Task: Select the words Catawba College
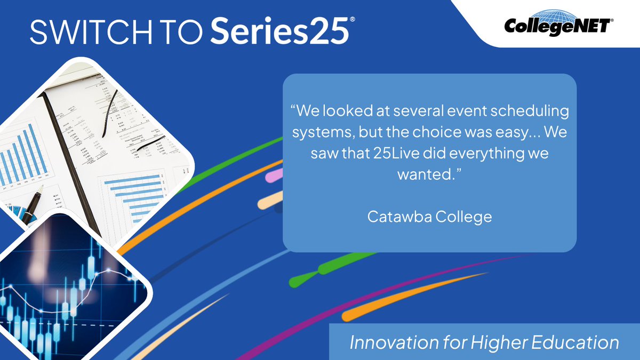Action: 429,217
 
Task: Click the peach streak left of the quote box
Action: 270,202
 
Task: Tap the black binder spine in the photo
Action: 69,160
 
